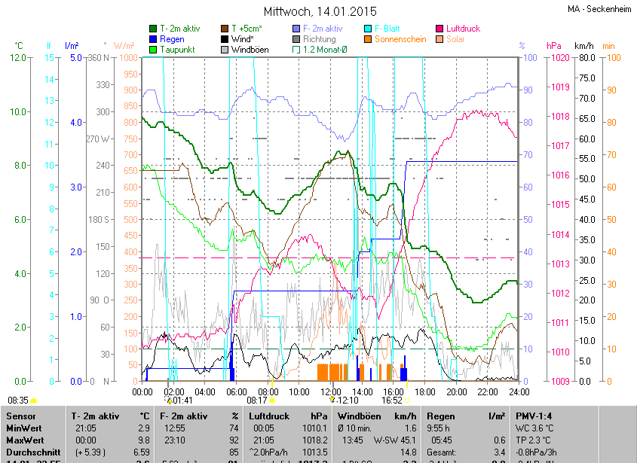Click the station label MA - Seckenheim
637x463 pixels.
tap(599, 9)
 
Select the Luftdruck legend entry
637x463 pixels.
tap(462, 29)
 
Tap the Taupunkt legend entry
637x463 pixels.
tap(178, 50)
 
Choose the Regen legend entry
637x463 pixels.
tap(172, 39)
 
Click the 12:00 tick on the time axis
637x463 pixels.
tap(330, 392)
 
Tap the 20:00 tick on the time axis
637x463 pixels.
tap(456, 392)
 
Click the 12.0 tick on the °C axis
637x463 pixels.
tap(18, 58)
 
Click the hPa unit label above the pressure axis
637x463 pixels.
tap(554, 46)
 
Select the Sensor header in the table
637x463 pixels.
tap(20, 416)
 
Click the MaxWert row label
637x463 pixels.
tap(25, 440)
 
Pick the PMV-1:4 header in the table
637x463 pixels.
tap(534, 416)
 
